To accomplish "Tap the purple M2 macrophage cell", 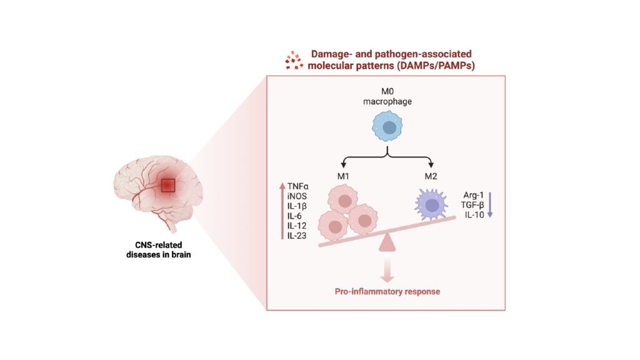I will click(431, 202).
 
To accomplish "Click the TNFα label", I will click(298, 186).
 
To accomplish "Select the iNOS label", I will click(297, 196).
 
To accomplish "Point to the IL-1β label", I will click(297, 206).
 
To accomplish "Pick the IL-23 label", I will click(297, 236).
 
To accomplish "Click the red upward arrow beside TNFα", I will click(282, 210).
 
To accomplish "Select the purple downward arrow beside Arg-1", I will click(491, 204).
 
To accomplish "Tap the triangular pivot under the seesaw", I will click(388, 242).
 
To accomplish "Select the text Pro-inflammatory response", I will click(387, 291).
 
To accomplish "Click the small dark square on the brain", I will click(169, 186).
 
